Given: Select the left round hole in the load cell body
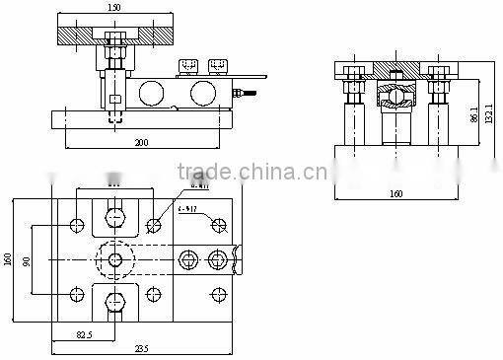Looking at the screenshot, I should [152, 94].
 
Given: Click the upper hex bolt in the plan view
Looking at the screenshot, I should [115, 217].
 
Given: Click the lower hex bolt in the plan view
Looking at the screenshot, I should [115, 302].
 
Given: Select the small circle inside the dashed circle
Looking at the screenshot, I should [115, 259].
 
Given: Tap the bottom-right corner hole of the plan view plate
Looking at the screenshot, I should [216, 294].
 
